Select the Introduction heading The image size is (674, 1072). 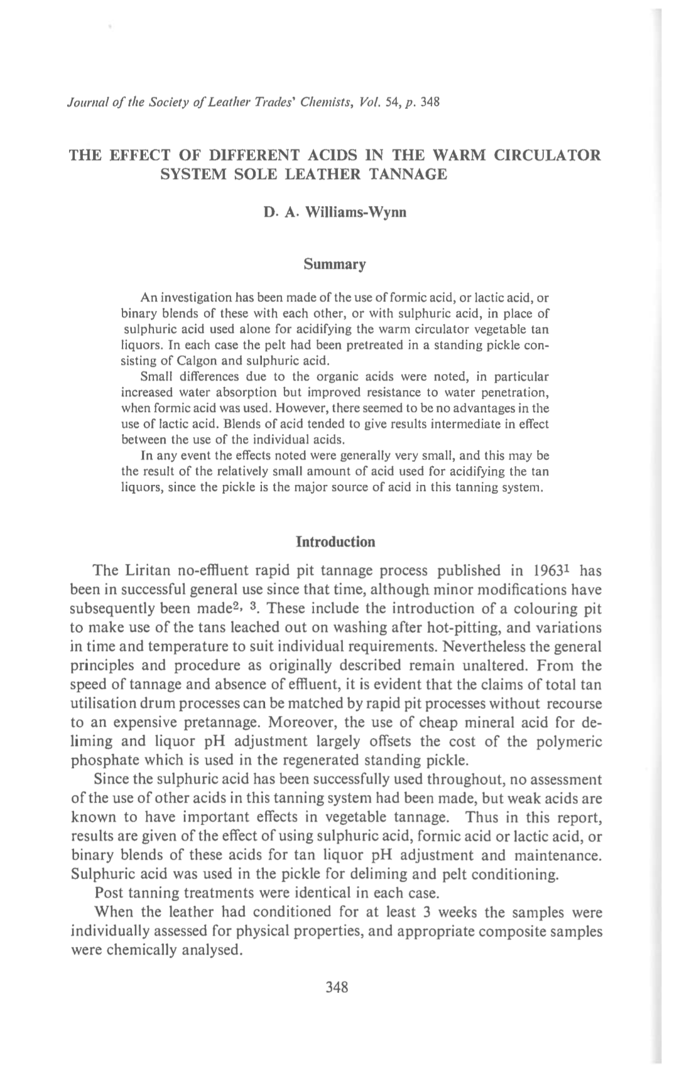pyautogui.click(x=335, y=541)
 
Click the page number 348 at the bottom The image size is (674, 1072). pyautogui.click(x=337, y=987)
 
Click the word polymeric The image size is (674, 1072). pyautogui.click(x=570, y=741)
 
